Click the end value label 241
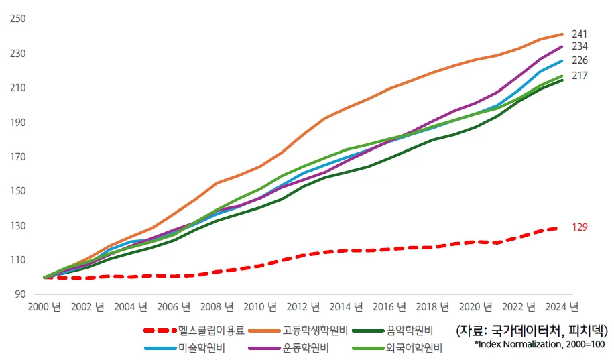click(x=579, y=34)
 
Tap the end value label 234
click(x=579, y=46)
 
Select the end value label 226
click(x=579, y=60)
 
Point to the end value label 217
click(x=579, y=76)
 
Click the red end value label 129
click(x=579, y=227)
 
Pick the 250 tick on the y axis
click(x=17, y=19)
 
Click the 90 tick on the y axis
click(x=20, y=294)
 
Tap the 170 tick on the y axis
click(x=17, y=157)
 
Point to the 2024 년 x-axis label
click(x=561, y=308)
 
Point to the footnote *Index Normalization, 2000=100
click(x=539, y=344)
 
